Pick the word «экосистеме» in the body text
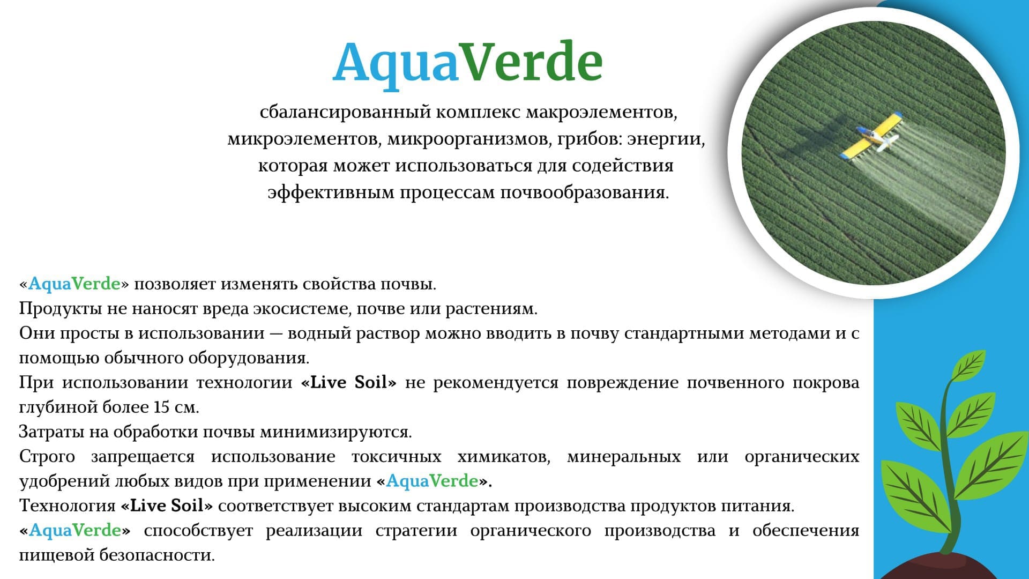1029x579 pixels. click(302, 309)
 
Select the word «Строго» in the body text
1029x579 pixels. click(47, 457)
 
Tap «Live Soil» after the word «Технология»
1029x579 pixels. click(167, 506)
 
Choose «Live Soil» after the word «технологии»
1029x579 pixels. click(349, 383)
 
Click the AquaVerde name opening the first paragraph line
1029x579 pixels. click(74, 284)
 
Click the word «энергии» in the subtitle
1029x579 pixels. click(666, 139)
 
